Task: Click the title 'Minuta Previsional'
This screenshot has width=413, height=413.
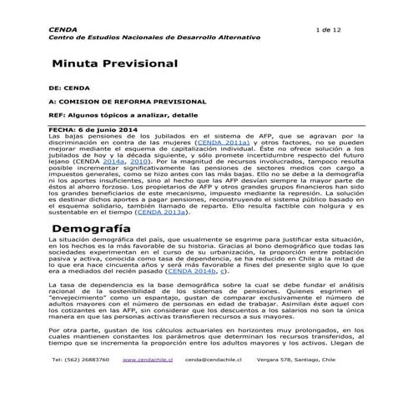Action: pos(114,63)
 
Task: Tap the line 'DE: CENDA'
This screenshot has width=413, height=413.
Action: pos(69,87)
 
